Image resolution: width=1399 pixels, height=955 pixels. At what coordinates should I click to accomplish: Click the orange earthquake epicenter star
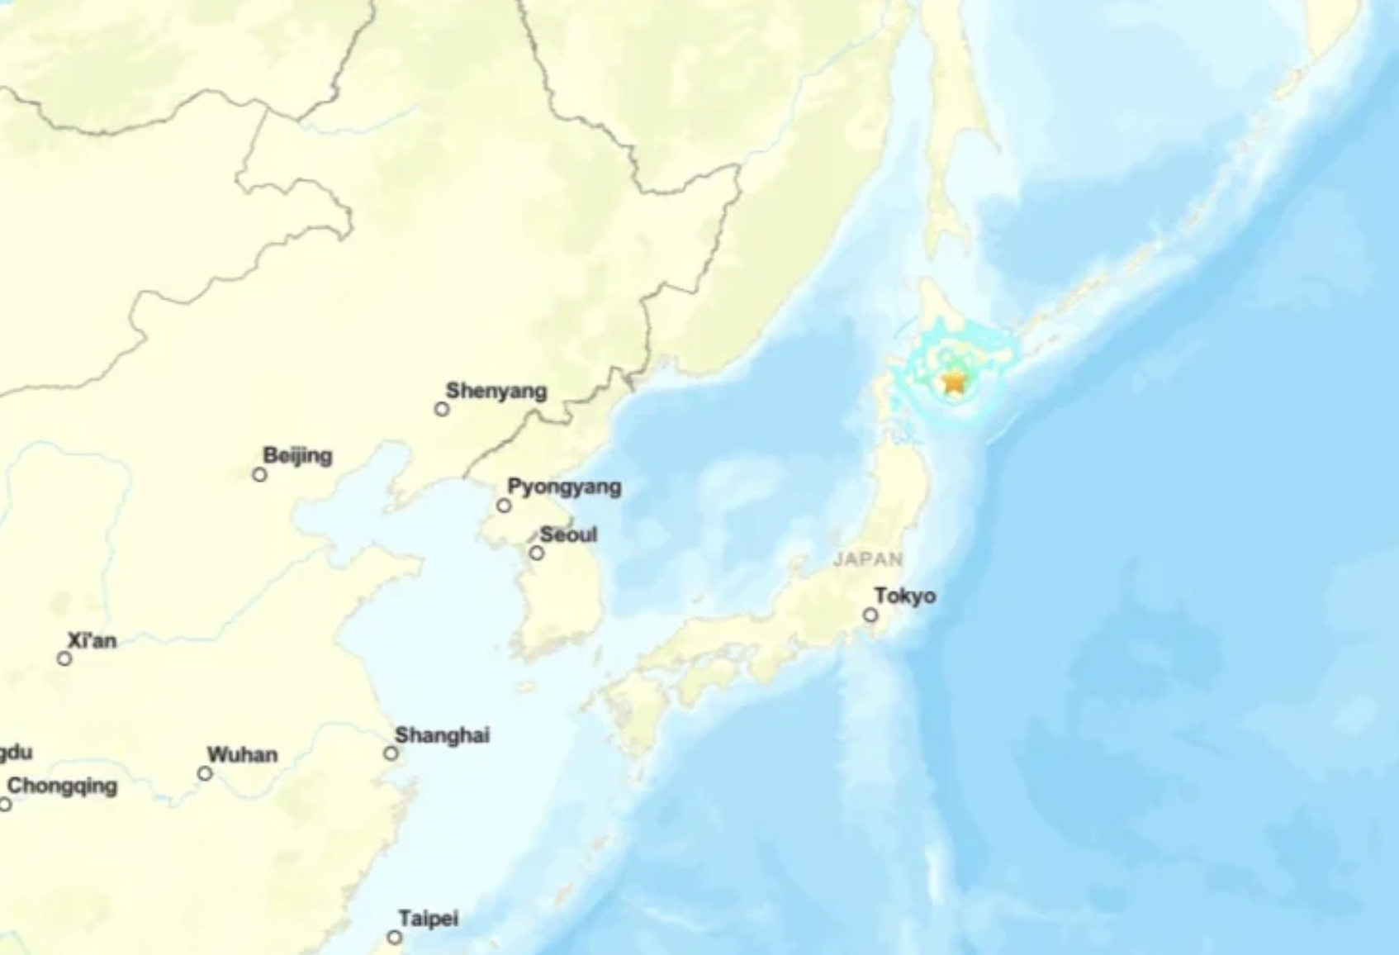[x=954, y=382]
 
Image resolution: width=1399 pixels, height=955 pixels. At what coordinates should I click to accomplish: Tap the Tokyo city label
[x=905, y=596]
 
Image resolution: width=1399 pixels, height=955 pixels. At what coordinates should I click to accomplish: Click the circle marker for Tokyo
[x=870, y=615]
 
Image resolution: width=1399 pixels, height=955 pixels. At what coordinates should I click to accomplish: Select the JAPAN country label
[x=868, y=559]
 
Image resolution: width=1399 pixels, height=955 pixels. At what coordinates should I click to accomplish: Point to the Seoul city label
[x=568, y=535]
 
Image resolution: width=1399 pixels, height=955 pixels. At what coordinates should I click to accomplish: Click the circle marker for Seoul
[x=537, y=553]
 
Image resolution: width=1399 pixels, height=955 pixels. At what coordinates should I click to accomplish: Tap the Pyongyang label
[x=564, y=487]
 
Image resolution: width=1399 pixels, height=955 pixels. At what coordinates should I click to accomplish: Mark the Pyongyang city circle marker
[x=504, y=506]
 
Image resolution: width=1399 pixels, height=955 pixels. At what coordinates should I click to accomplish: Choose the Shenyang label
[x=496, y=391]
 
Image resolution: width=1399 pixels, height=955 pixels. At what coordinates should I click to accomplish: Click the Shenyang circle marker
[x=442, y=409]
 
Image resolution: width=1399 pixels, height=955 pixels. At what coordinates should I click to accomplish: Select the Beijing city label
[x=297, y=455]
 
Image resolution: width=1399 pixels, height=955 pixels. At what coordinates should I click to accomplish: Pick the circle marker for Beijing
[x=259, y=474]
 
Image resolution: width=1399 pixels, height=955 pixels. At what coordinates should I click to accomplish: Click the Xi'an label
[x=92, y=640]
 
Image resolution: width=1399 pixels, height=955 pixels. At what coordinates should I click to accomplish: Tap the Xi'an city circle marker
[x=64, y=658]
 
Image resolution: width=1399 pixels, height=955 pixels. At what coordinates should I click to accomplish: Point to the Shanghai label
[x=442, y=734]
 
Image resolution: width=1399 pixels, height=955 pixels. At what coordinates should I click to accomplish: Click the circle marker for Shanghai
[x=391, y=753]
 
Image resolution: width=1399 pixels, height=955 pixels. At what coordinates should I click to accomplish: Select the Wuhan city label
[x=242, y=754]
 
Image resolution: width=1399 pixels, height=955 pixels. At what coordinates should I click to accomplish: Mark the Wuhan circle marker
[x=205, y=773]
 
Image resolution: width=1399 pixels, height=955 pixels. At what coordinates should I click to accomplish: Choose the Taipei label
[x=428, y=918]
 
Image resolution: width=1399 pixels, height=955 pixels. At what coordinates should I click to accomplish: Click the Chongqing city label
[x=62, y=785]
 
